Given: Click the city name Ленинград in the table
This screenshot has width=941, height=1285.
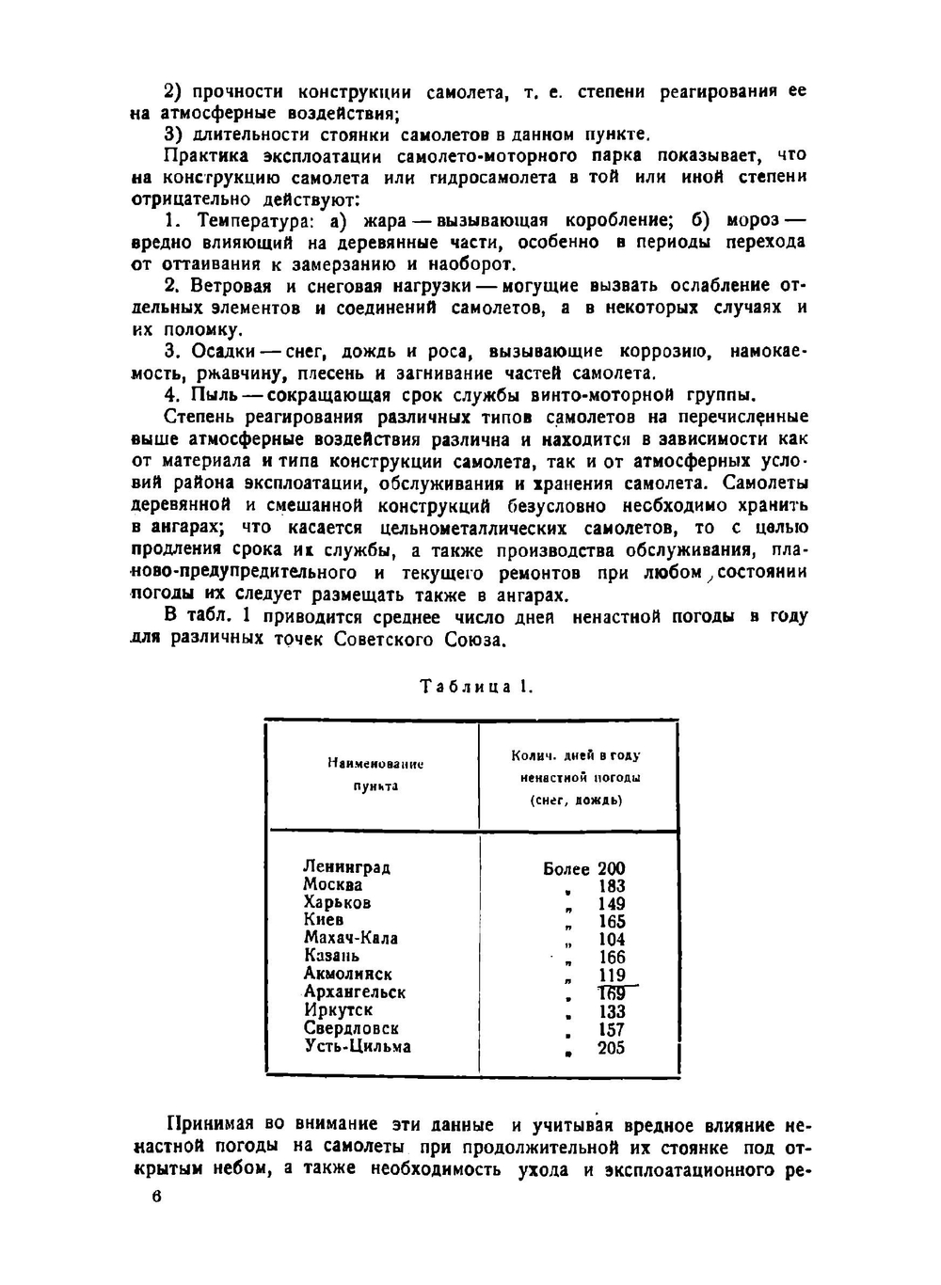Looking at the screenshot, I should (x=346, y=866).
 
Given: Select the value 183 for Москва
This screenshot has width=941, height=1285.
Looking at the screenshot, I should (x=611, y=886).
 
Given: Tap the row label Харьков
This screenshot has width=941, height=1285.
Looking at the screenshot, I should (x=337, y=902).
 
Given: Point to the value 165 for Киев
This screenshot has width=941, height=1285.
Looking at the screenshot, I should (x=611, y=922).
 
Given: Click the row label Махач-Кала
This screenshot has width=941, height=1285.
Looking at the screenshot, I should (x=350, y=938).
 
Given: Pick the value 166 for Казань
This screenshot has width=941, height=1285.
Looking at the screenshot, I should (x=611, y=958).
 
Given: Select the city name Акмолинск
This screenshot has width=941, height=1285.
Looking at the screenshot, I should (x=347, y=974).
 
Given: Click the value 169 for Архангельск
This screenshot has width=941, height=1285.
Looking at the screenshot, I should (x=611, y=993).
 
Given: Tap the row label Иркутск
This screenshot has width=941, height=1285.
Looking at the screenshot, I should (x=338, y=1009).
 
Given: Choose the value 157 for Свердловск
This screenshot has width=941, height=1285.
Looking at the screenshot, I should (x=611, y=1030).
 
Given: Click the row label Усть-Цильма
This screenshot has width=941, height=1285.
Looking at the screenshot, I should (x=358, y=1046).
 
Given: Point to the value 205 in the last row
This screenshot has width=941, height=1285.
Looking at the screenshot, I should (x=611, y=1048).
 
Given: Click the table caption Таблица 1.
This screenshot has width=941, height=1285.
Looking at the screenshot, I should (x=476, y=687).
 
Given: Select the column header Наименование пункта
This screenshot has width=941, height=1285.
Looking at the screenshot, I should (x=375, y=774).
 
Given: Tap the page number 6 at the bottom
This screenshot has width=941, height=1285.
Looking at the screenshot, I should (x=156, y=1197).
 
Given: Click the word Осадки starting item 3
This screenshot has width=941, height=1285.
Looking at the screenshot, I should (x=223, y=351).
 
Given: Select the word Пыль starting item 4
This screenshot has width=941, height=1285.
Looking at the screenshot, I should (x=212, y=394).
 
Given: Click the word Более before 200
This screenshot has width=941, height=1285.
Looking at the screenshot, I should (x=566, y=869).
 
